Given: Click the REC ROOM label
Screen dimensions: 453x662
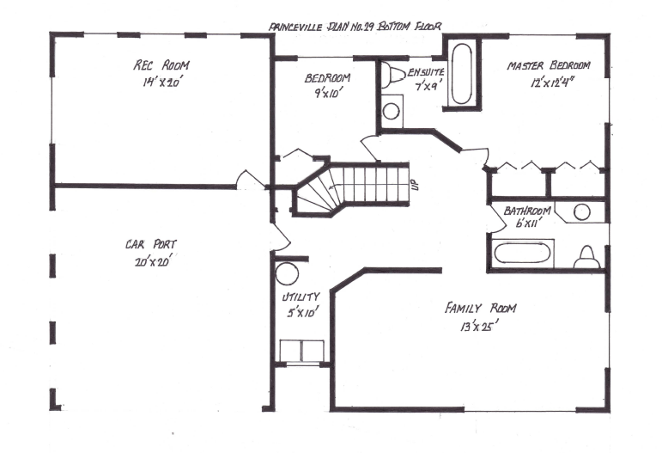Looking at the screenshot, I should tap(161, 65).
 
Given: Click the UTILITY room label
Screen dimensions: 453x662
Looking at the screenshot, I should tap(301, 297).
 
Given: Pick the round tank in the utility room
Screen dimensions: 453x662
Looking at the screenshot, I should tap(286, 273).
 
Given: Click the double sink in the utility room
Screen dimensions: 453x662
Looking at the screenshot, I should tap(301, 351).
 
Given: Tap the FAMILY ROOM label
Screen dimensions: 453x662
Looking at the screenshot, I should tap(480, 308).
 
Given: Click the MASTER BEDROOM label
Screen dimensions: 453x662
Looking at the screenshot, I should tap(549, 65).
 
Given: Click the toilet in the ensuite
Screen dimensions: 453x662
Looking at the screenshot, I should tap(393, 75).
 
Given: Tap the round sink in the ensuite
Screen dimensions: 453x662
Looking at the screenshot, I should tap(392, 110).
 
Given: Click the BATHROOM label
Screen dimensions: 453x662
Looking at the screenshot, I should tap(526, 211).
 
